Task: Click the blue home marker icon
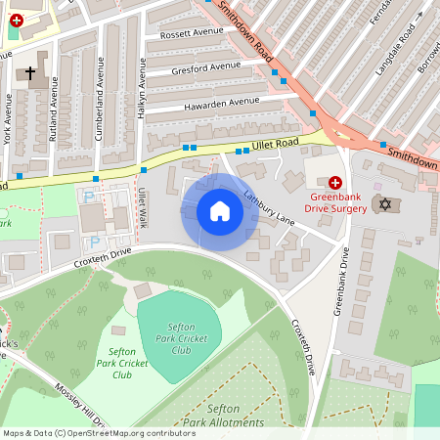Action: click(220, 211)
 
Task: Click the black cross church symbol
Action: click(30, 73)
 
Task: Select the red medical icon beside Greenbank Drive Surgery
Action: click(335, 182)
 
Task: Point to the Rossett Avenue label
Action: click(186, 34)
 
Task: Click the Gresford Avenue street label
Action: click(206, 67)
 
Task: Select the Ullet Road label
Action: click(277, 146)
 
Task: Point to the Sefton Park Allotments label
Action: click(222, 415)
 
